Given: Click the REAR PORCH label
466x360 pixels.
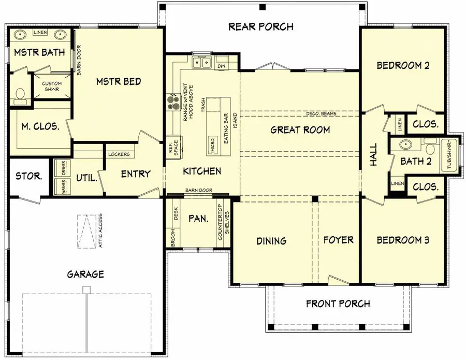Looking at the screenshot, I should pos(261,26).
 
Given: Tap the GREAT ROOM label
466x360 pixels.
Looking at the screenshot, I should pos(300,129).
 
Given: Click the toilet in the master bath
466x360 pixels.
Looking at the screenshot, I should pos(20,94).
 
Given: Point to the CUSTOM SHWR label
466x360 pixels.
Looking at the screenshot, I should pos(52,87).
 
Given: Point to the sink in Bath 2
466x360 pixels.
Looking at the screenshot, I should pos(406,145).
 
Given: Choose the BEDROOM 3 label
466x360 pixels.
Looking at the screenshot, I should pos(402,240).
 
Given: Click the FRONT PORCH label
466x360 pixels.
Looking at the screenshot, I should pos(339,304).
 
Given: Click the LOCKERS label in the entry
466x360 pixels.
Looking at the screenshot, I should pos(119,154).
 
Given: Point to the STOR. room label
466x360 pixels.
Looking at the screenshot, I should pos(28,176).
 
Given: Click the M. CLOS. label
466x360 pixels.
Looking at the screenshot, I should pos(39,126).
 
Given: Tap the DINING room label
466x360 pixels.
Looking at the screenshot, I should pos(271,240).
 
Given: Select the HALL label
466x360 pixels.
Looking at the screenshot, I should pos(374,155).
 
